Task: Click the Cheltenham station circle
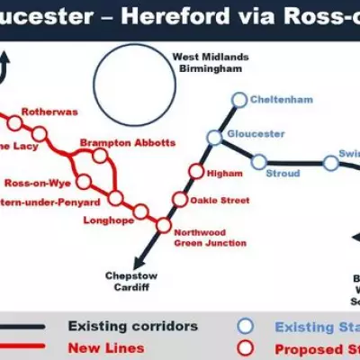pos(238,99)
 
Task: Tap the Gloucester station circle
pos(213,138)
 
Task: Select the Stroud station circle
pos(259,163)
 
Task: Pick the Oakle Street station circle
pos(181,199)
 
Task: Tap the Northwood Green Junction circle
pos(163,224)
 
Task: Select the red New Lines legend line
pos(27,346)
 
